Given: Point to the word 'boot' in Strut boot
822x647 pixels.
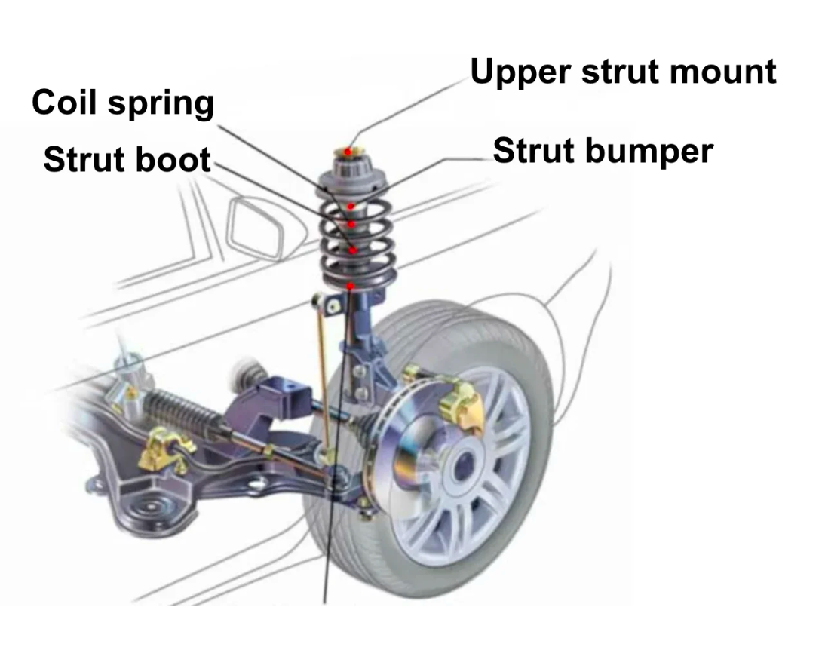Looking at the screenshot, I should [x=179, y=160].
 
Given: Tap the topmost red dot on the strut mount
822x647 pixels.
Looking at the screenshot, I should [x=348, y=152].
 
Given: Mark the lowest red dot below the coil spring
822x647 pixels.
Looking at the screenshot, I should [x=351, y=286].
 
